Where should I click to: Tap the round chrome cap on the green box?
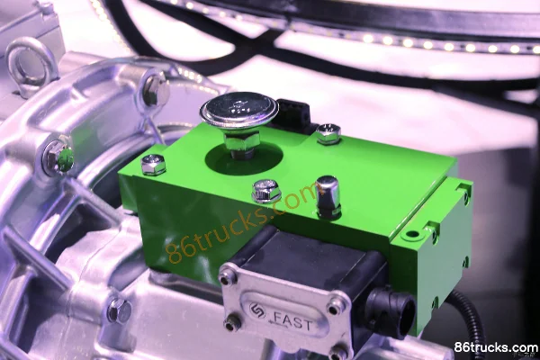(239, 110)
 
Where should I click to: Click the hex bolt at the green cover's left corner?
(153, 164)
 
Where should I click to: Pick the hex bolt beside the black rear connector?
(328, 134)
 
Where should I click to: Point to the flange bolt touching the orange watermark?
(266, 191)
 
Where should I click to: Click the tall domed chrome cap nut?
(328, 196)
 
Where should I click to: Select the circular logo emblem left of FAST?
(257, 310)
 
